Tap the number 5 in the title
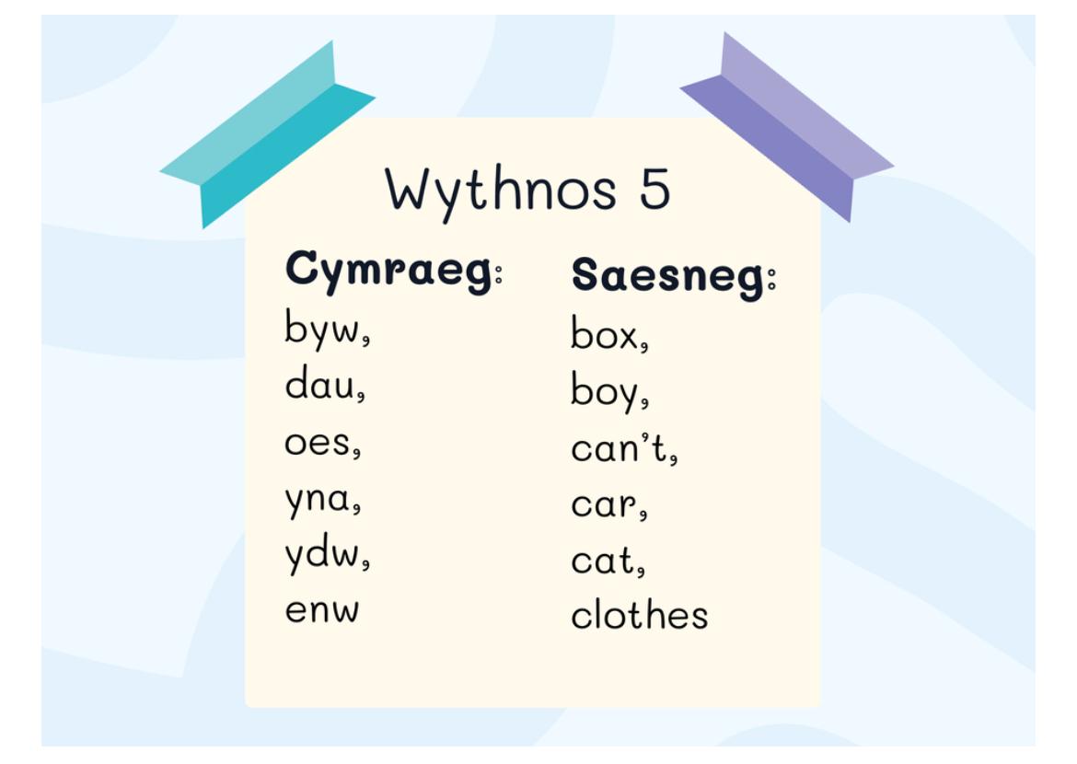coord(654,189)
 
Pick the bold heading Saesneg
coord(668,276)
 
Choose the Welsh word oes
coord(318,443)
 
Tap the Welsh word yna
coord(318,500)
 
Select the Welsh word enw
coord(321,610)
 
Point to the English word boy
coord(604,390)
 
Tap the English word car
coord(603,505)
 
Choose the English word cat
coord(602,560)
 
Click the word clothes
coord(640,614)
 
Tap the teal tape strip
coord(268,134)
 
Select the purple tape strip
coord(787,127)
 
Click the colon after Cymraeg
coord(499,272)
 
